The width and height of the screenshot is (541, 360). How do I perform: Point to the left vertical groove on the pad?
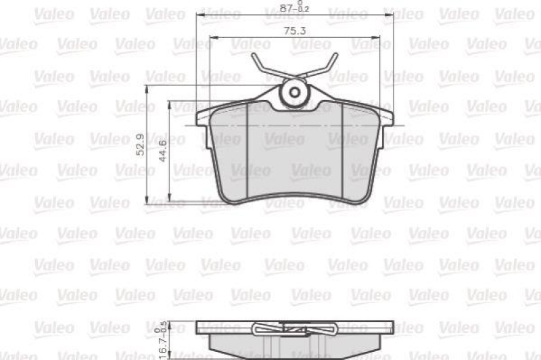pos(248,152)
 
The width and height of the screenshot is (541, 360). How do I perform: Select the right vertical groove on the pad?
pos(343,152)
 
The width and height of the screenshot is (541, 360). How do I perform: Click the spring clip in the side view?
pos(294,330)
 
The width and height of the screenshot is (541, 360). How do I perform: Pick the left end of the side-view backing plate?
pos(199,328)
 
